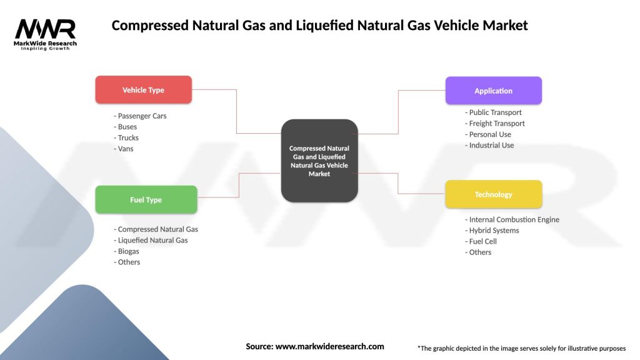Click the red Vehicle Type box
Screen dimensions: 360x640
pos(143,90)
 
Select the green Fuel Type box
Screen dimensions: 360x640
pos(146,200)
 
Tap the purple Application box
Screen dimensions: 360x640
pos(493,91)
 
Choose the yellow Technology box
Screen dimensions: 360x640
pos(493,194)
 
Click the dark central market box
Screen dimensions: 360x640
pos(319,161)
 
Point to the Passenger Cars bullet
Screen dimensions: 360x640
pos(141,116)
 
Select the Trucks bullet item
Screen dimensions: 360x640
pos(127,137)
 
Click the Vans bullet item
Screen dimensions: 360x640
pos(124,149)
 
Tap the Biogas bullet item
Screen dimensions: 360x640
pos(127,251)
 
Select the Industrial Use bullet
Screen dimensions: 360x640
pos(491,145)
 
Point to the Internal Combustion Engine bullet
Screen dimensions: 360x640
pos(513,219)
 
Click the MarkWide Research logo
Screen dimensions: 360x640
pos(46,34)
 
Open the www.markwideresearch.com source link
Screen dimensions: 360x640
pos(329,346)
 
